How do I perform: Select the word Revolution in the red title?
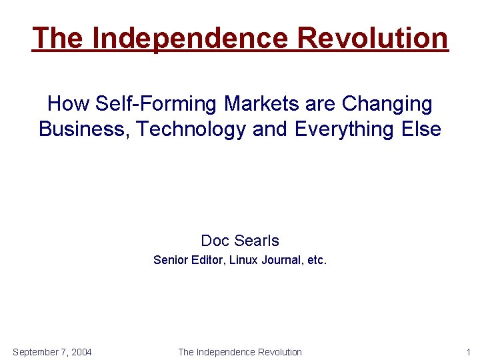click(373, 38)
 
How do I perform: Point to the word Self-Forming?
click(155, 104)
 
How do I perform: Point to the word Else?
click(423, 129)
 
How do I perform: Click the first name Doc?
click(215, 240)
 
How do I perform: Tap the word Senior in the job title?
click(169, 260)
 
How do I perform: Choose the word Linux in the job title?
click(244, 260)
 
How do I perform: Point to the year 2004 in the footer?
click(80, 352)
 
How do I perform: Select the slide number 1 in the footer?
click(468, 352)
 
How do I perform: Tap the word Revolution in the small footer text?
click(278, 352)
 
